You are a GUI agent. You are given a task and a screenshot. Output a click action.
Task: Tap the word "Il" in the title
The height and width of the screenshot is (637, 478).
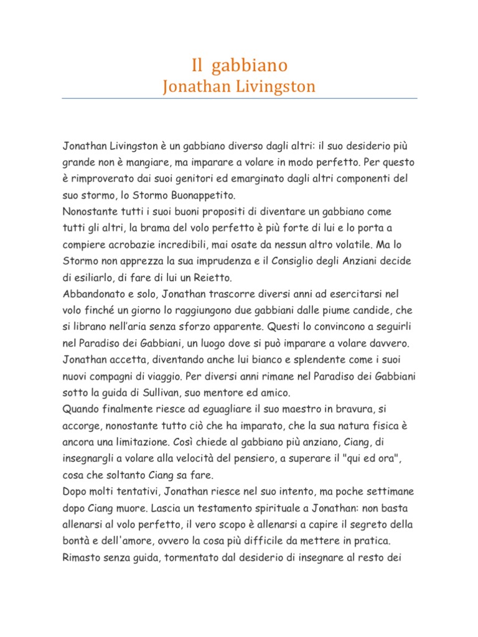click(x=197, y=65)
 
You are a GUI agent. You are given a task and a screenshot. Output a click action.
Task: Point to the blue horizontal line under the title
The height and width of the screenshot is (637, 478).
click(x=239, y=98)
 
